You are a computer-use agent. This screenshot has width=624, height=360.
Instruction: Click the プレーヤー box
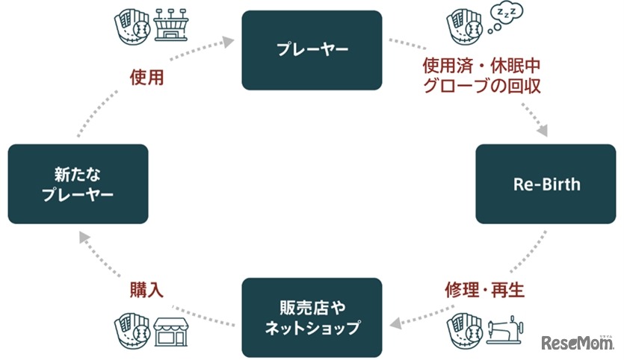[312, 51]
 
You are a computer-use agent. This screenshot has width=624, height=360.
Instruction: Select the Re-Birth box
[546, 184]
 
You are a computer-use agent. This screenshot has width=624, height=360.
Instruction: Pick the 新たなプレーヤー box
[78, 184]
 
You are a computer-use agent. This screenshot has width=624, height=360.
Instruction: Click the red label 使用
[146, 78]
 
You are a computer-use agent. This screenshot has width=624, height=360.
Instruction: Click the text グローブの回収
[481, 86]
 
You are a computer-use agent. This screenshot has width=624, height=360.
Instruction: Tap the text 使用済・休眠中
[481, 66]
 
